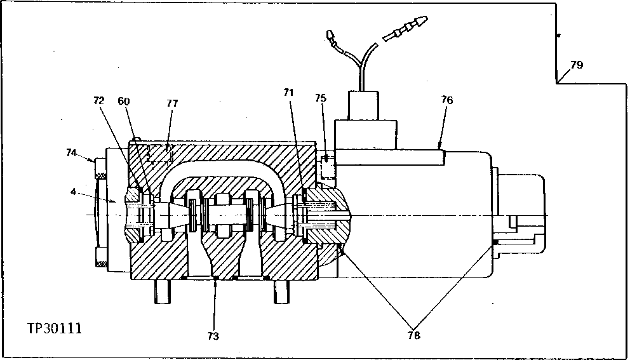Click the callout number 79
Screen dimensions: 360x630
[576, 65]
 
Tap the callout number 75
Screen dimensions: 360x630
[321, 98]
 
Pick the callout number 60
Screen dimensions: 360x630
[124, 100]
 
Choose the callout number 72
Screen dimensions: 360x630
[98, 100]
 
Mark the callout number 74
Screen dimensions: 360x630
[72, 152]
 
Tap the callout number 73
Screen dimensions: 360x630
[213, 336]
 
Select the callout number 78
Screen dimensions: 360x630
[413, 336]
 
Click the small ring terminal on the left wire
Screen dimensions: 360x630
[331, 37]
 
